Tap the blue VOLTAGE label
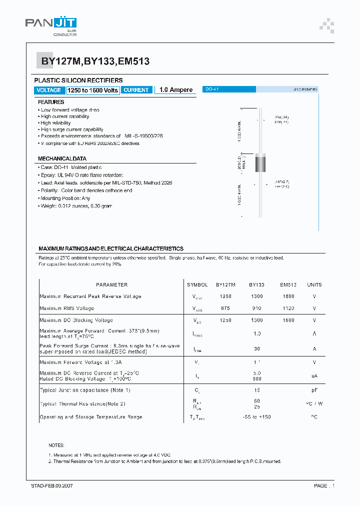[49, 90]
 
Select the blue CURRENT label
[136, 90]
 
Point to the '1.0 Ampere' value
[176, 90]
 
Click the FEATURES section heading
[51, 102]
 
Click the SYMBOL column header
[197, 284]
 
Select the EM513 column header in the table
[288, 284]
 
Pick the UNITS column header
[314, 284]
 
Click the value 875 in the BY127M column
[225, 308]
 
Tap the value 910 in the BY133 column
[257, 308]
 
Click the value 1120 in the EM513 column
[288, 308]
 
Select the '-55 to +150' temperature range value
[257, 417]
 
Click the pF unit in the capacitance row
[314, 390]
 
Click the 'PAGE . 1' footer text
[324, 485]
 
